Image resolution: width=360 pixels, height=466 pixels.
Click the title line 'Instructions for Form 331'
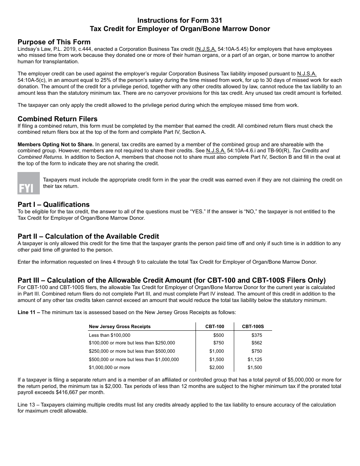[x=180, y=20]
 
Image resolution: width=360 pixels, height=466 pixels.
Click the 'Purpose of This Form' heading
[x=54, y=42]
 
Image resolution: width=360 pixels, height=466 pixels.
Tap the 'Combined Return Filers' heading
[x=58, y=119]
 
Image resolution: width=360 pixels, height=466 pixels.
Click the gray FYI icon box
[x=28, y=183]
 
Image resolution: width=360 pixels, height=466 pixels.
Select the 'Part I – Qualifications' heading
[x=54, y=205]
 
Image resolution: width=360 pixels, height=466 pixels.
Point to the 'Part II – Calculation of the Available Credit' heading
[x=88, y=236]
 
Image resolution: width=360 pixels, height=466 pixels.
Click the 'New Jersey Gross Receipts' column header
[x=120, y=327]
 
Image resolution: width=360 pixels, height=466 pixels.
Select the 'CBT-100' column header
[x=214, y=327]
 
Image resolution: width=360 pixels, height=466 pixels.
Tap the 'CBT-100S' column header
[x=253, y=327]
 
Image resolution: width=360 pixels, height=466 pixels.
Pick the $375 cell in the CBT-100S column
[x=257, y=335]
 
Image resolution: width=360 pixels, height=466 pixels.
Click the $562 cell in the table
[x=257, y=343]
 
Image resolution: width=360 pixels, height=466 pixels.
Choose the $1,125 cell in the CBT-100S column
[x=255, y=360]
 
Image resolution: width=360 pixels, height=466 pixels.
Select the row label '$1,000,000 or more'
[x=109, y=367]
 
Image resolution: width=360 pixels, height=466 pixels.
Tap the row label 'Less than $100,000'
[x=110, y=335]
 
